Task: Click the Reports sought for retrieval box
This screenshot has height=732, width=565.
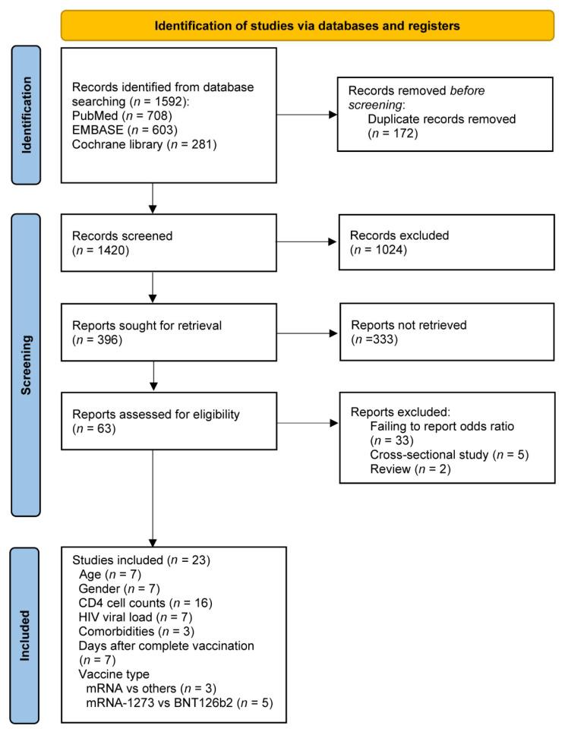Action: (154, 332)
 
